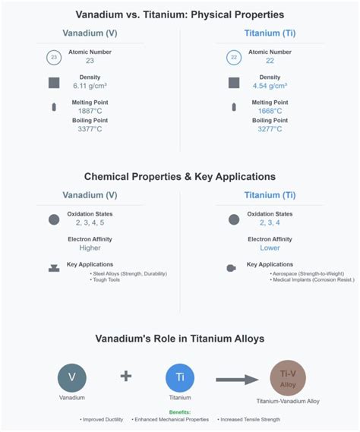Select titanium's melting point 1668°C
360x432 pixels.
click(x=270, y=111)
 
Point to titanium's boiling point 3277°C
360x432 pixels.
click(x=270, y=129)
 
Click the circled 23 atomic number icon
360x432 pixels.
click(x=54, y=58)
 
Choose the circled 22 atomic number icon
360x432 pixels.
click(x=234, y=58)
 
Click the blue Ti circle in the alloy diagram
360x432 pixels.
click(x=180, y=377)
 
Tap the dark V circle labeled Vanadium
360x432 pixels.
click(x=72, y=377)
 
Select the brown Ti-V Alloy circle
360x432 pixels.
click(x=288, y=377)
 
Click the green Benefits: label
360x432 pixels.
click(x=180, y=412)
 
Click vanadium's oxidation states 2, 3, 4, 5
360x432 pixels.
click(x=90, y=222)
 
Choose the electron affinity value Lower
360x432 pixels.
click(x=270, y=248)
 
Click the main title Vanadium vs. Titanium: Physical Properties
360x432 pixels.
click(x=180, y=14)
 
